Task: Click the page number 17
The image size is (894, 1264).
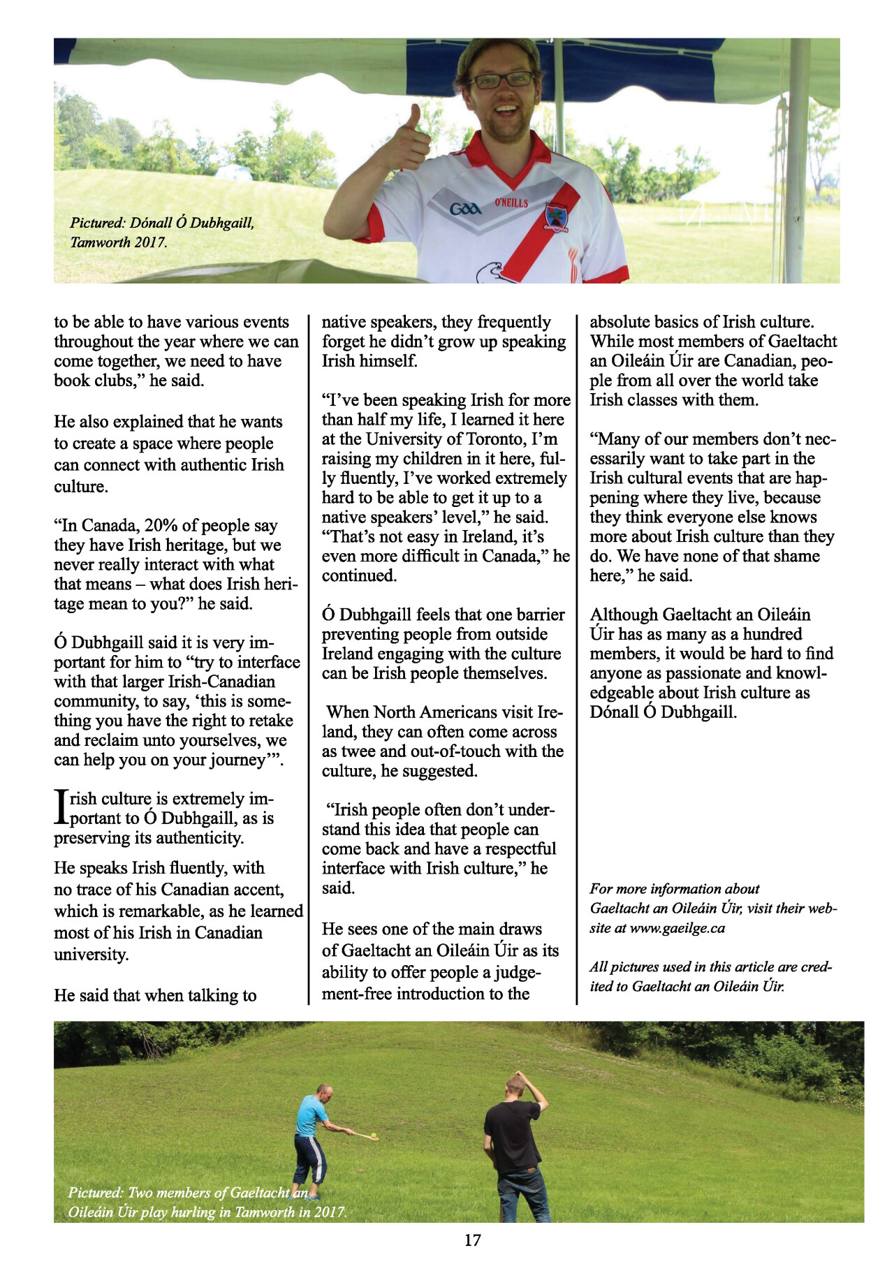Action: pyautogui.click(x=472, y=1240)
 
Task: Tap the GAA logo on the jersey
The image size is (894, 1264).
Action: pyautogui.click(x=465, y=209)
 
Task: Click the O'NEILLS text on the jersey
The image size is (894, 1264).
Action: pyautogui.click(x=511, y=203)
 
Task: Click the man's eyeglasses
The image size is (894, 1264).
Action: pyautogui.click(x=501, y=80)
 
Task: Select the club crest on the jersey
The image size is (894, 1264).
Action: pyautogui.click(x=556, y=217)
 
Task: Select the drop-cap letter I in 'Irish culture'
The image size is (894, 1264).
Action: pyautogui.click(x=61, y=808)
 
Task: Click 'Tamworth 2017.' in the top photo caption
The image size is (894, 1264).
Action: pyautogui.click(x=118, y=242)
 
